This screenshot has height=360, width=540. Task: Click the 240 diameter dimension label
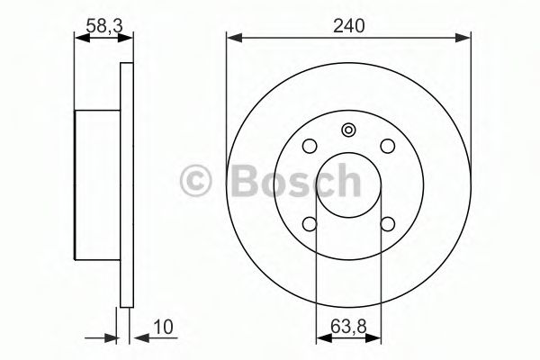(348, 27)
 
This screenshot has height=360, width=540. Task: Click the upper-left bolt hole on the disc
(309, 145)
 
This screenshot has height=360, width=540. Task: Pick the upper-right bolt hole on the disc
(387, 145)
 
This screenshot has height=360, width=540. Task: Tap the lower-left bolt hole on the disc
(309, 224)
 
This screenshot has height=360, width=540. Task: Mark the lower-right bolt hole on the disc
(387, 224)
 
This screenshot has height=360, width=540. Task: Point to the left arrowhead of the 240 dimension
(231, 38)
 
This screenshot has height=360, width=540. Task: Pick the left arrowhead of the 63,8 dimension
(319, 339)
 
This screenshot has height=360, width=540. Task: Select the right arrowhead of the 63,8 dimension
(377, 339)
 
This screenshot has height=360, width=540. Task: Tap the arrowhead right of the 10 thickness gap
(138, 339)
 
